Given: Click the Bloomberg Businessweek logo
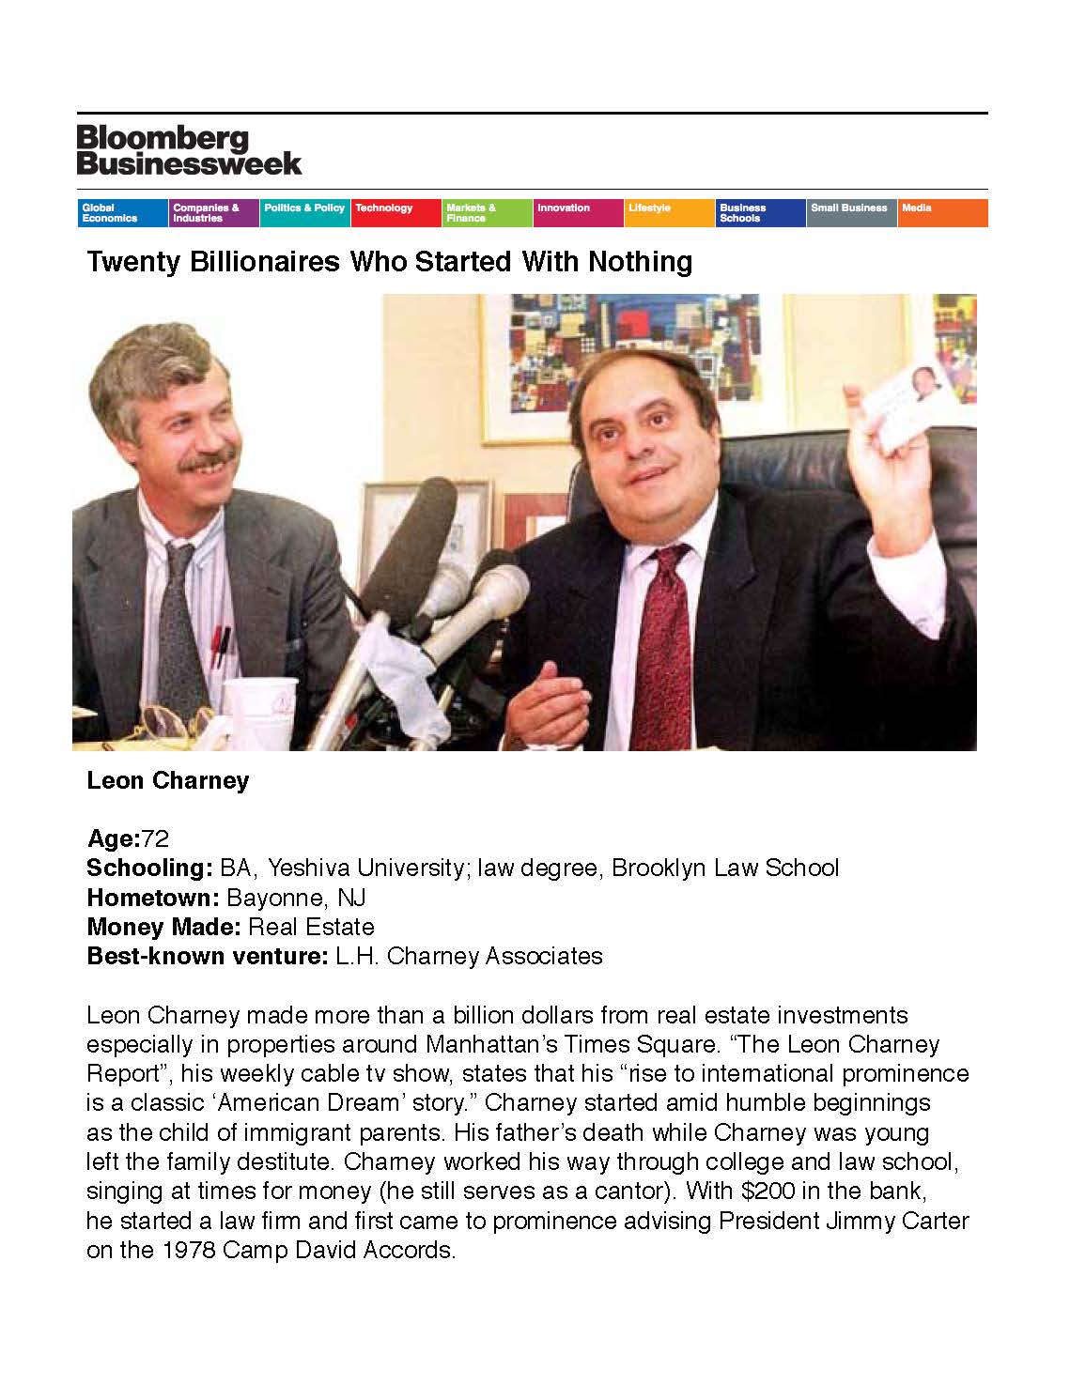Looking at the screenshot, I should point(189,150).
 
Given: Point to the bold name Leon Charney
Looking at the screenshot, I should point(167,781).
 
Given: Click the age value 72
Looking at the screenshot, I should point(155,838).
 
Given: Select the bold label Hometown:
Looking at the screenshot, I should point(152,898).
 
